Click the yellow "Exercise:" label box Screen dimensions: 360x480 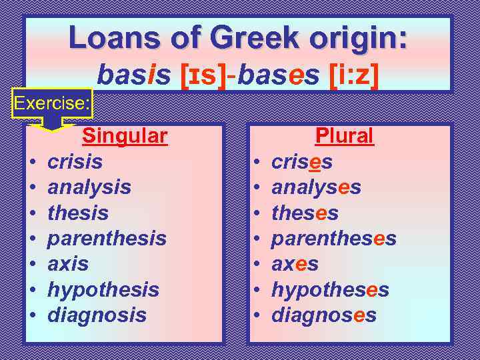click(53, 103)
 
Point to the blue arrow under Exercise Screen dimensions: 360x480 click(52, 123)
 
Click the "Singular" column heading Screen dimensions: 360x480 click(124, 136)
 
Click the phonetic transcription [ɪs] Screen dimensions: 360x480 click(203, 75)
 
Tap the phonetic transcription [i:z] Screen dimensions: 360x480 click(354, 75)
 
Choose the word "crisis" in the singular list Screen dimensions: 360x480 click(75, 162)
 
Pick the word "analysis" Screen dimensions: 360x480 click(89, 187)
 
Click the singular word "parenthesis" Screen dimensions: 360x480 click(107, 238)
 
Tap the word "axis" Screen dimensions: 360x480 click(68, 264)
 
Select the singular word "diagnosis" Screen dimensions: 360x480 click(97, 315)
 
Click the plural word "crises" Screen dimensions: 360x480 click(302, 162)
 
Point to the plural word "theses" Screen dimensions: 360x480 click(305, 213)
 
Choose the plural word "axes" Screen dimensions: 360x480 click(295, 264)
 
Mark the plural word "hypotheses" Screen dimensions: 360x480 click(330, 289)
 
